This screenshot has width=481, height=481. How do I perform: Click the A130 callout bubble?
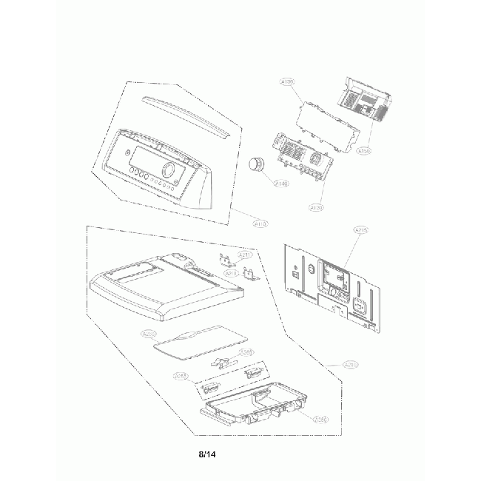(x=287, y=81)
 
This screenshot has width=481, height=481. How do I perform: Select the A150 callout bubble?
(x=363, y=151)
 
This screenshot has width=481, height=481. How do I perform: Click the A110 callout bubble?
(x=261, y=222)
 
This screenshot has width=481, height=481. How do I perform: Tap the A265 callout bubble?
(x=246, y=352)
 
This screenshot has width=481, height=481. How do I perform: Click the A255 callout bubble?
(x=180, y=377)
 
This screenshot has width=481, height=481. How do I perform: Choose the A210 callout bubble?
(x=352, y=364)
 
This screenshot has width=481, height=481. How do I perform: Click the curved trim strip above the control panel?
(x=184, y=115)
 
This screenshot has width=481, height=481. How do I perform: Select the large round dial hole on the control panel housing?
(x=169, y=171)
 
